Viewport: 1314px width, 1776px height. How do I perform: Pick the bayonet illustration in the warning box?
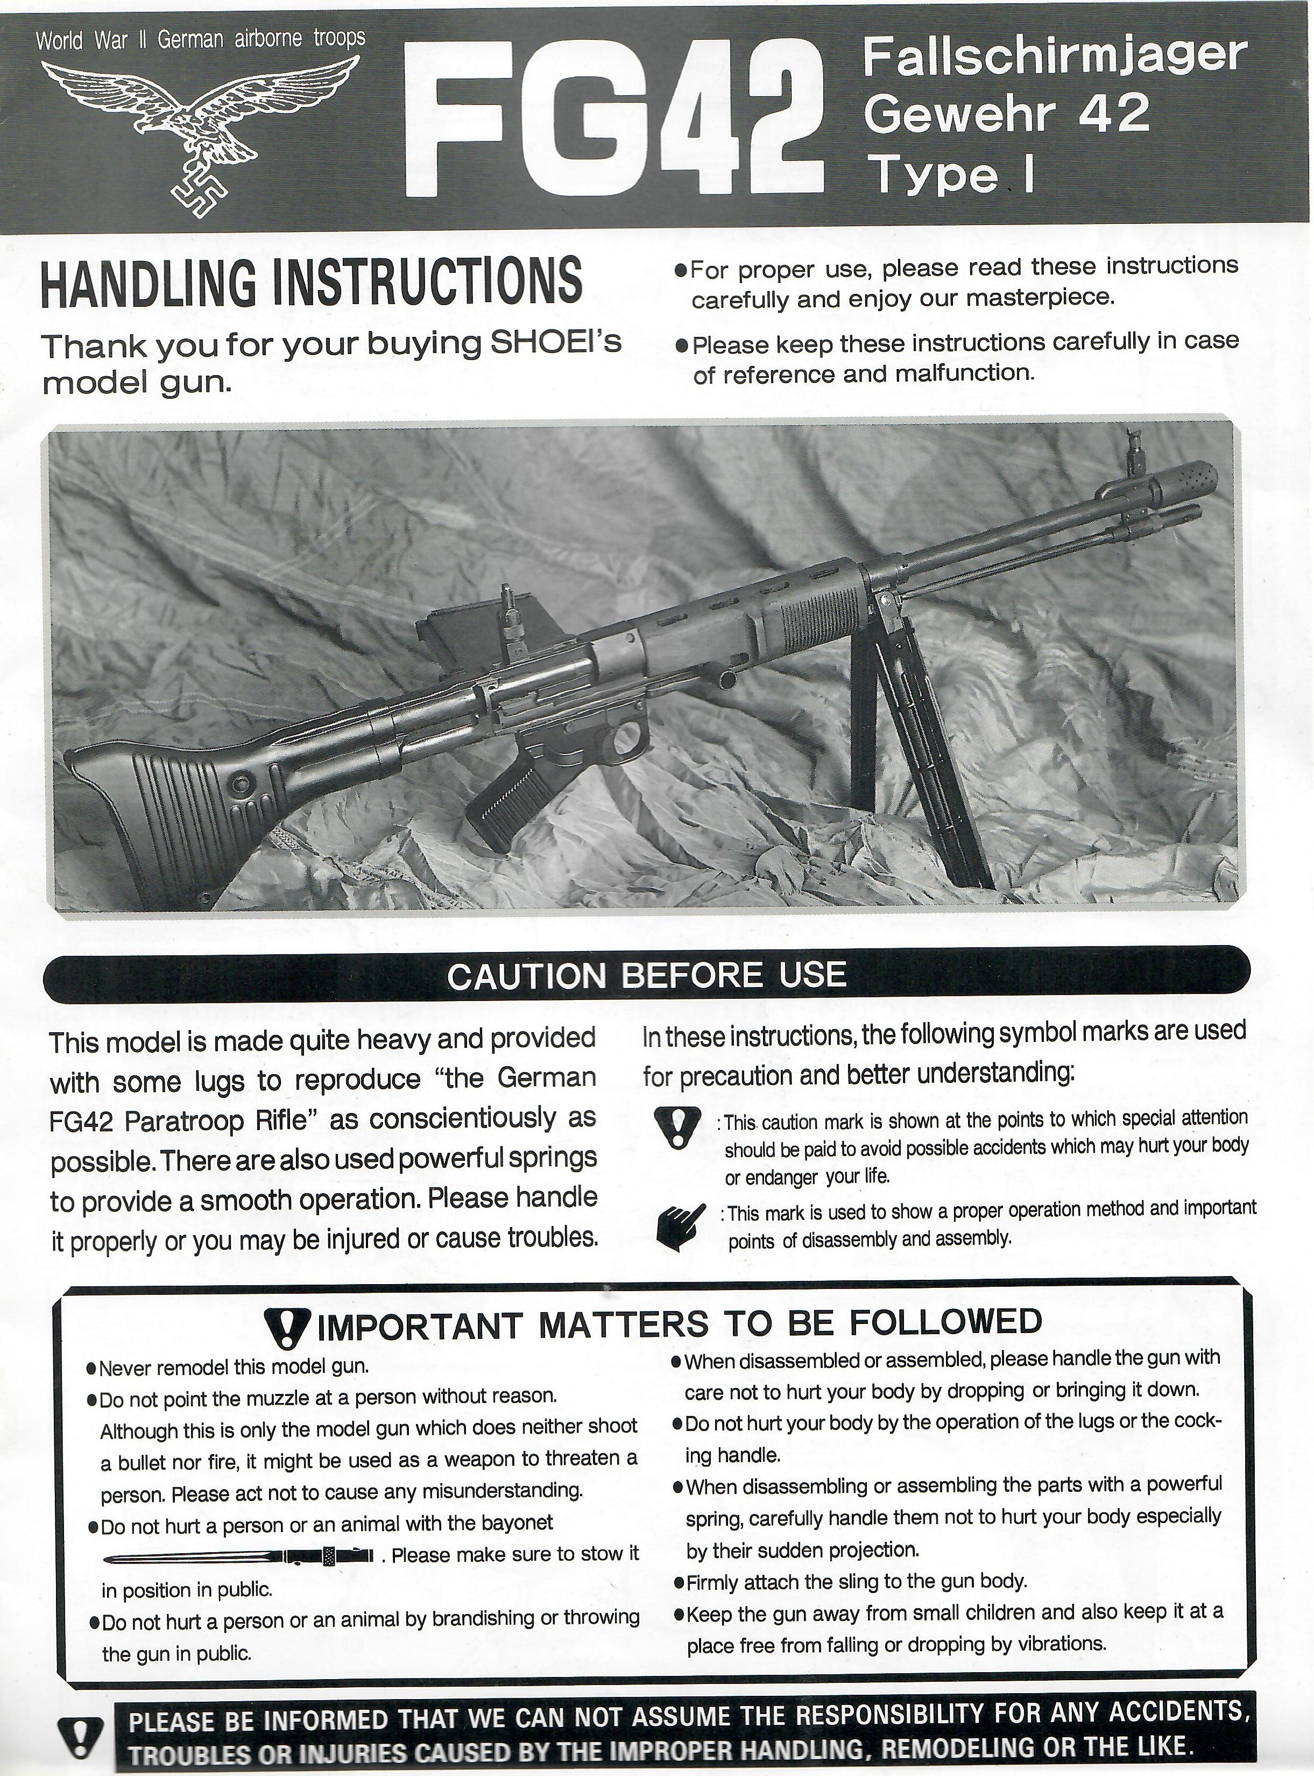tap(238, 1554)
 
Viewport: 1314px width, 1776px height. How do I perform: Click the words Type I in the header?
tap(950, 177)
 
